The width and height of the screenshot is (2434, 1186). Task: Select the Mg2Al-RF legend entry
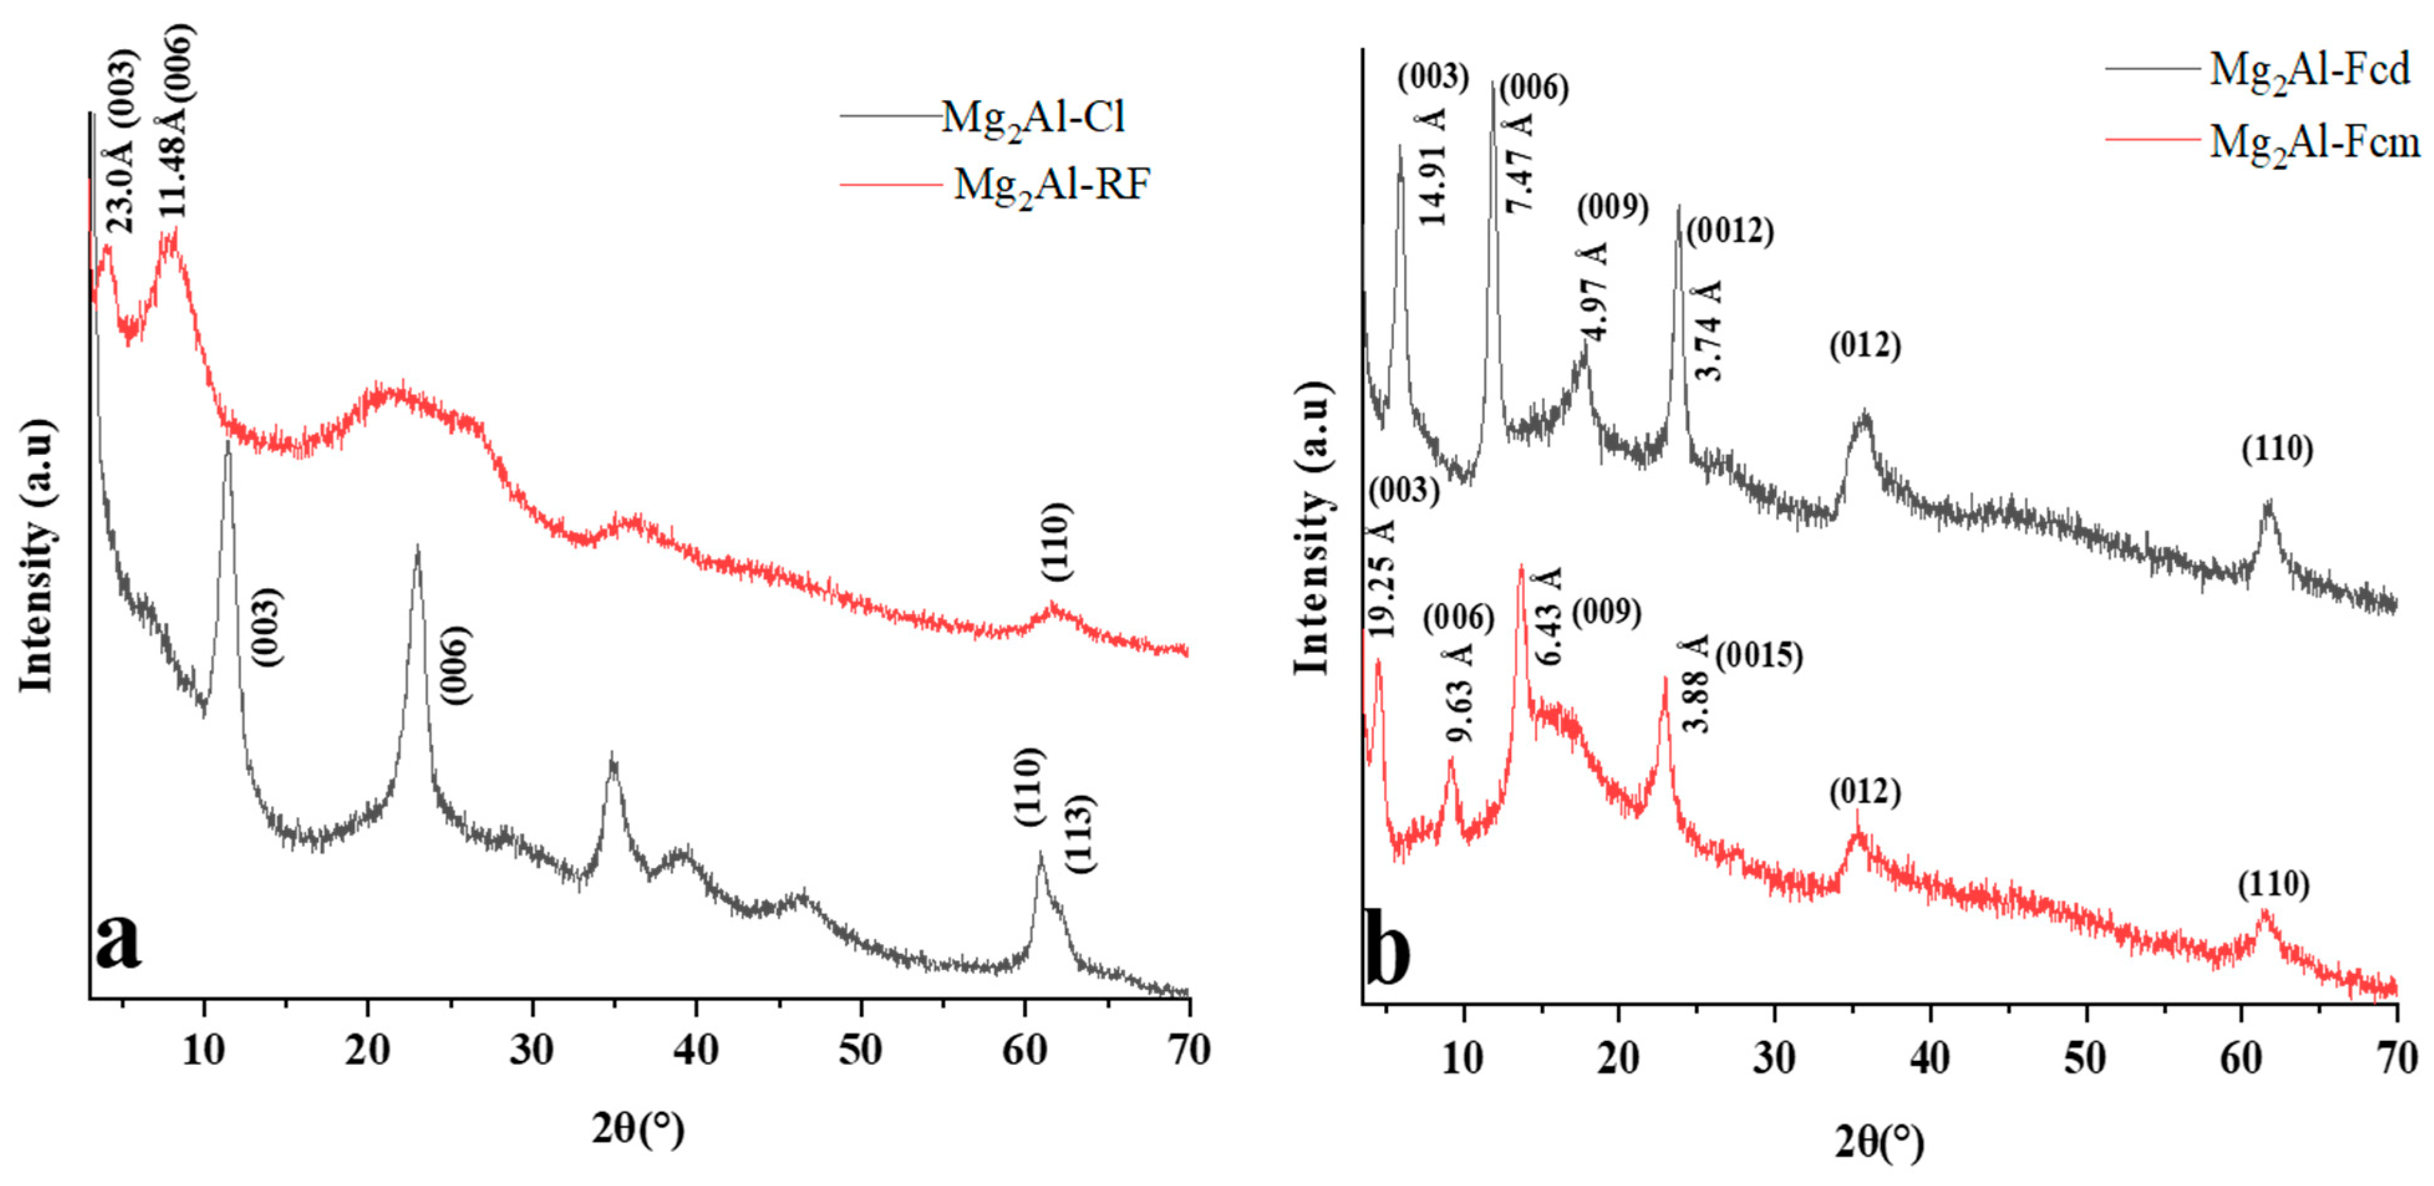tap(1052, 186)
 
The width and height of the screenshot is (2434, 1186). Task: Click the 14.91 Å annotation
tap(1433, 167)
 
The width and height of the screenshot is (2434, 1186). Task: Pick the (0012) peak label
tap(1729, 231)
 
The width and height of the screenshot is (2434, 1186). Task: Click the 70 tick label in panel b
tap(2396, 1059)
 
